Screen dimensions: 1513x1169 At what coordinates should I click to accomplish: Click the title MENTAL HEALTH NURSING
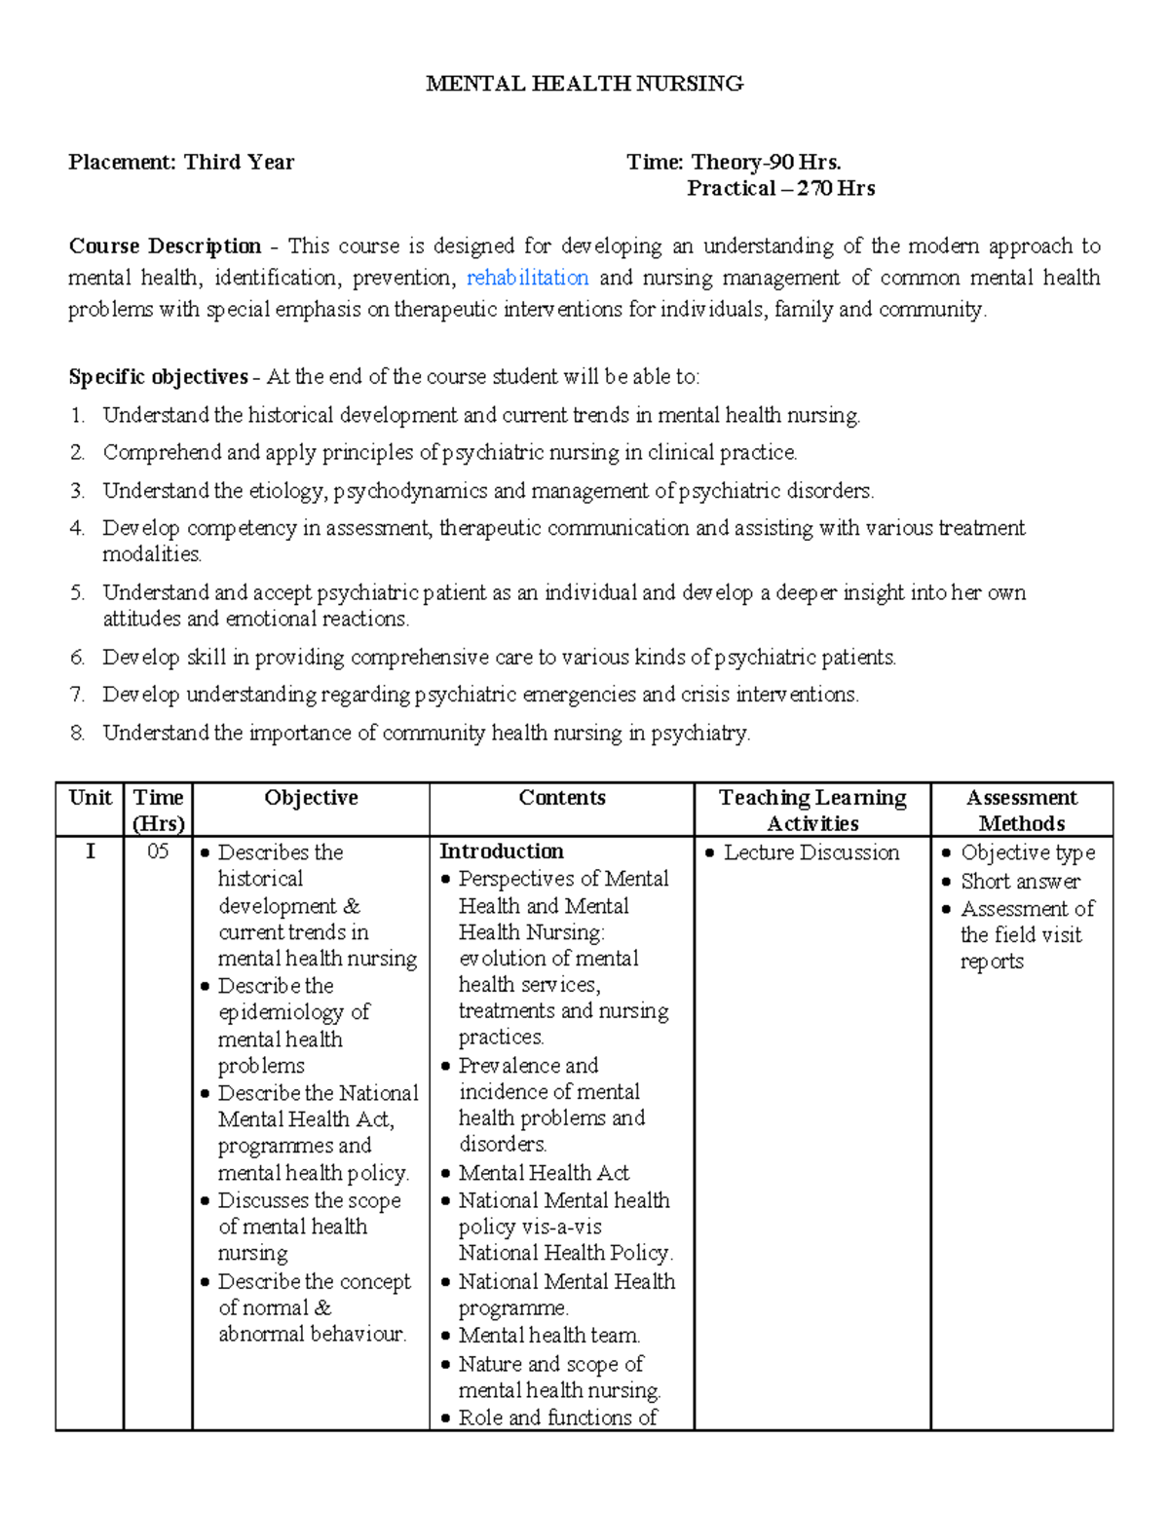[x=584, y=84]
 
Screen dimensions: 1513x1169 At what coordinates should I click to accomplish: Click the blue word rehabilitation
[x=527, y=278]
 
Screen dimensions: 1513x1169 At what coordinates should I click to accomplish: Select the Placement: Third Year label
[x=181, y=163]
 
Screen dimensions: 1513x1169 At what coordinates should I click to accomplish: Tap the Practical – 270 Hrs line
[x=780, y=189]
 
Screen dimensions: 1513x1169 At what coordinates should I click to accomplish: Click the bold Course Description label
[x=165, y=246]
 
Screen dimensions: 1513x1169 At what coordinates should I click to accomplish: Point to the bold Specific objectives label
[x=158, y=377]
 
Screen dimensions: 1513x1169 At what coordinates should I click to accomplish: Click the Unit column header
[x=90, y=798]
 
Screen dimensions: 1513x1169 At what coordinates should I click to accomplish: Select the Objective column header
[x=311, y=798]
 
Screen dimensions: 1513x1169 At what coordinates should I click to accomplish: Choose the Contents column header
[x=561, y=798]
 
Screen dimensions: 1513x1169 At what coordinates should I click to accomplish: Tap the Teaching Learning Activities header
[x=812, y=810]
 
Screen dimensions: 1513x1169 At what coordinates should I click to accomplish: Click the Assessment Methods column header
[x=1021, y=810]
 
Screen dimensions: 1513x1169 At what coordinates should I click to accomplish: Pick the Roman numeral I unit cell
[x=90, y=852]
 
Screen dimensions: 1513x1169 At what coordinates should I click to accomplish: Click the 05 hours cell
[x=158, y=852]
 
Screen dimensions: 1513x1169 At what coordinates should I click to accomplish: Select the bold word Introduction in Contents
[x=502, y=851]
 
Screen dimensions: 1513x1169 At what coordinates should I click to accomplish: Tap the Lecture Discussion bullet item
[x=811, y=853]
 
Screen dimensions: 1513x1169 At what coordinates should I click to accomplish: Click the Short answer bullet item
[x=1020, y=882]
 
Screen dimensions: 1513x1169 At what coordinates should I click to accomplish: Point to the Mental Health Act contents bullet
[x=544, y=1173]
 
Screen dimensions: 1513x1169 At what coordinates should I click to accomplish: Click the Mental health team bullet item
[x=548, y=1336]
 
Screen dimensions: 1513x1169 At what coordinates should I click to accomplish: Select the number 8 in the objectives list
[x=78, y=734]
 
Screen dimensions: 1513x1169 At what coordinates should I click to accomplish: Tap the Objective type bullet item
[x=1028, y=853]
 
